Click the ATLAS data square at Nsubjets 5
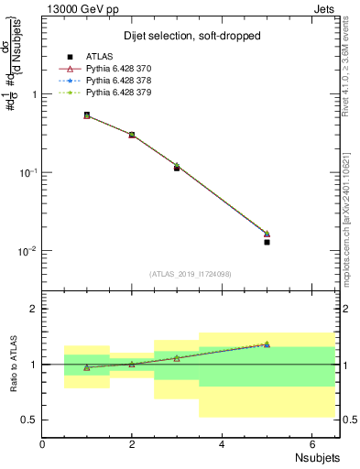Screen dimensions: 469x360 tap(267, 242)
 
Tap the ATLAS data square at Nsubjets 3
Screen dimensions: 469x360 tap(177, 168)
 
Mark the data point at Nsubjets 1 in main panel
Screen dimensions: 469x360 tap(87, 115)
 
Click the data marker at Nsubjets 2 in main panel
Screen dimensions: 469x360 tap(132, 135)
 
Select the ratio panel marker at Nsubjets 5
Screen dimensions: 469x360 tap(267, 344)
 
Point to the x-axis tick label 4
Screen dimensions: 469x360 tap(223, 443)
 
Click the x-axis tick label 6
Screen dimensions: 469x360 tap(312, 443)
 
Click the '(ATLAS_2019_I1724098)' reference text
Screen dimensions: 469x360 tap(191, 272)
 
